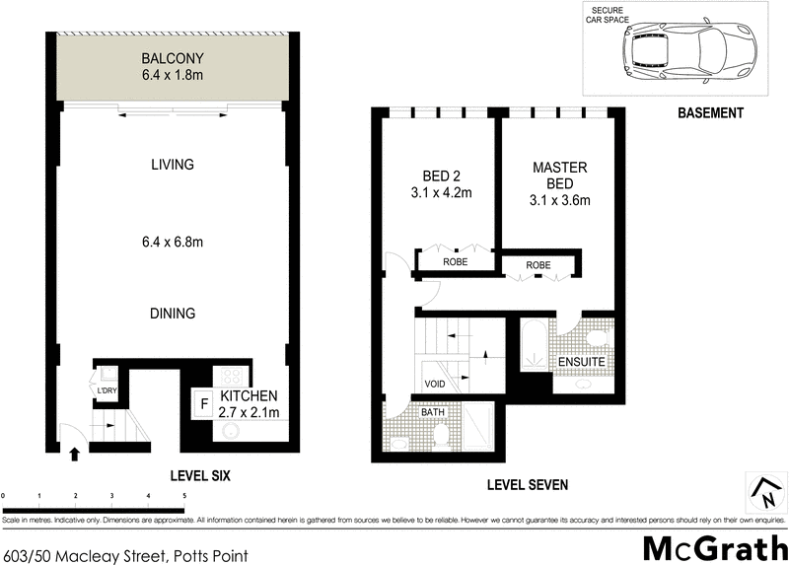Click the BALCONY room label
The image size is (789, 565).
click(173, 56)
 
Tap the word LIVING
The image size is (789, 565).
click(173, 165)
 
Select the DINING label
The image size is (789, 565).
click(173, 314)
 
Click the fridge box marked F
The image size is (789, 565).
click(204, 402)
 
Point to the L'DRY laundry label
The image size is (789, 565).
click(107, 391)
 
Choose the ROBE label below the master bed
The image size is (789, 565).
click(538, 265)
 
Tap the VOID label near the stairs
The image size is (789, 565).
click(435, 384)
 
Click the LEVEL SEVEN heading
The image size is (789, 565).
click(528, 485)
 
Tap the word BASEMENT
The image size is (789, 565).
click(710, 113)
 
